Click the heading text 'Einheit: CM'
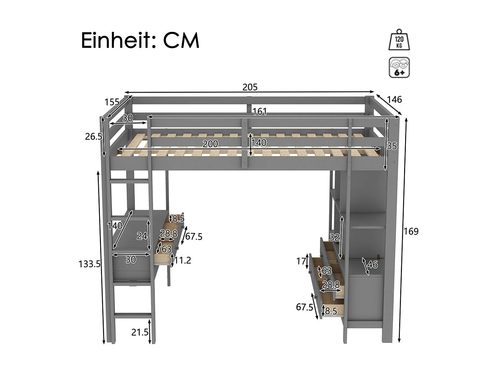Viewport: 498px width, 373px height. (140, 41)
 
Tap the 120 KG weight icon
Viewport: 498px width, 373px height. (399, 40)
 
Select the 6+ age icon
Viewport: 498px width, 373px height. (399, 68)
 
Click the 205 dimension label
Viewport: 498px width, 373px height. (250, 87)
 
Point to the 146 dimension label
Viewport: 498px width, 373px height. (394, 100)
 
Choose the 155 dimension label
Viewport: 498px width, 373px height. (112, 102)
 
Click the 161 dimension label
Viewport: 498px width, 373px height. (260, 112)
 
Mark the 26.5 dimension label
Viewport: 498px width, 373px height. (93, 137)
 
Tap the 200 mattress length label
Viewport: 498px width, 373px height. (210, 144)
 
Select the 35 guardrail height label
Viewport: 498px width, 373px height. (392, 146)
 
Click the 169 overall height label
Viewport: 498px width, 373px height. (411, 232)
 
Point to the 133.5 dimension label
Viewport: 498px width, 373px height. (89, 264)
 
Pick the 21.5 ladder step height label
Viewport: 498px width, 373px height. (140, 332)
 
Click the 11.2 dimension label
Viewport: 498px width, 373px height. (183, 260)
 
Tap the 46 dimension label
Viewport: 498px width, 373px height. (373, 264)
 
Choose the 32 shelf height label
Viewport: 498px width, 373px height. (334, 237)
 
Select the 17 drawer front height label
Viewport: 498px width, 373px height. (301, 261)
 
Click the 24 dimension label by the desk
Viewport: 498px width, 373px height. (142, 236)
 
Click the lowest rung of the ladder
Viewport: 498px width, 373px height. (132, 316)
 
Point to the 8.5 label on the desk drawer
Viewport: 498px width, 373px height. (178, 219)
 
